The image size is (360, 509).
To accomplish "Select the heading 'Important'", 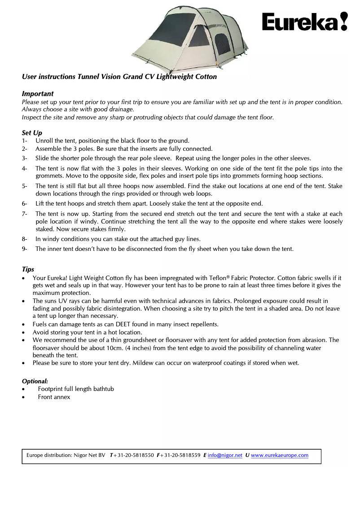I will pyautogui.click(x=38, y=94).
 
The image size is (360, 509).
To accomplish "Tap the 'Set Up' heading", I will pyautogui.click(x=32, y=133).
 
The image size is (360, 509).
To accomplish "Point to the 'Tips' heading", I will pyautogui.click(x=28, y=269).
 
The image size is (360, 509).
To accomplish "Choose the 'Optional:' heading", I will pyautogui.click(x=35, y=381).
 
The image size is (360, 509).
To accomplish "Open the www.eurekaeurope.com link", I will pyautogui.click(x=280, y=455).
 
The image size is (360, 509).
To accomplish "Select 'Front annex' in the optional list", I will pyautogui.click(x=54, y=397).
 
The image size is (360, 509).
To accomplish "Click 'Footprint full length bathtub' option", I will pyautogui.click(x=76, y=389).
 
